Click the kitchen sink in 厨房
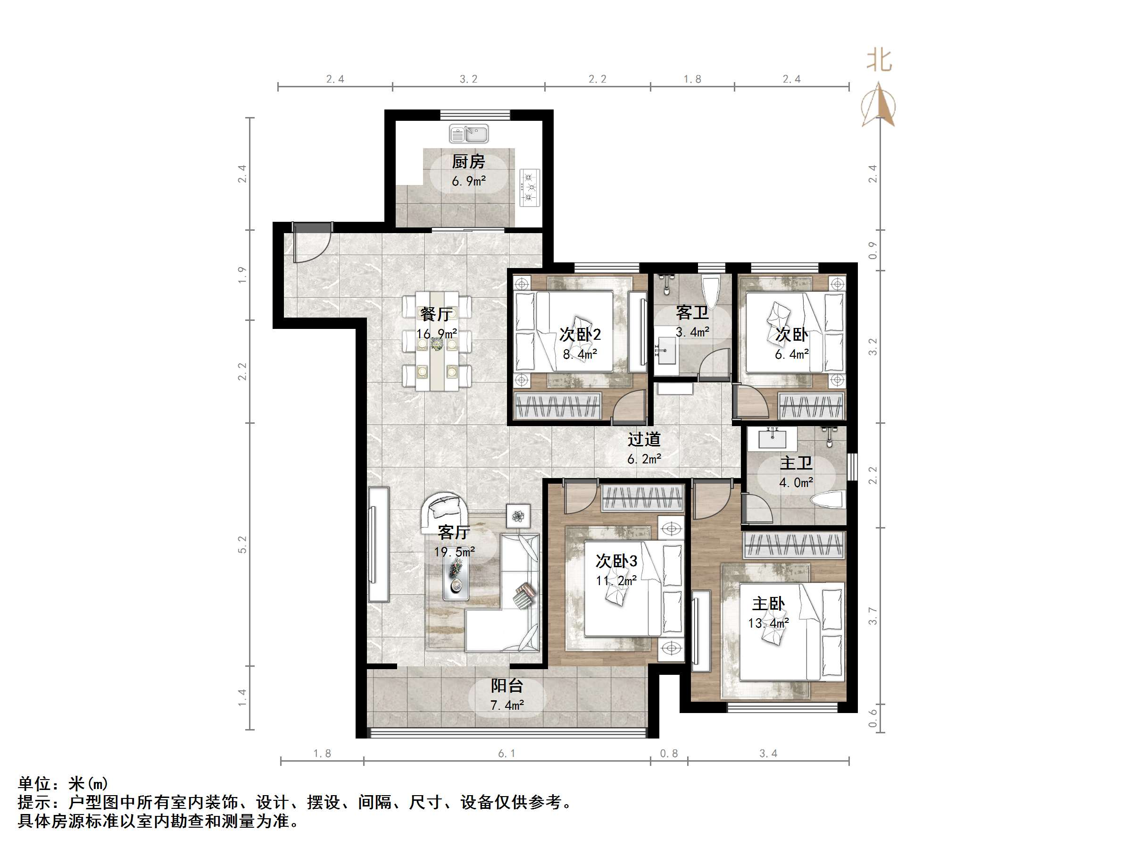coord(468,134)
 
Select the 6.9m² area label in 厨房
coord(468,181)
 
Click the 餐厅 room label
coord(436,314)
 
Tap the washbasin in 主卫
coord(772,438)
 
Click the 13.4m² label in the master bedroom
coord(768,623)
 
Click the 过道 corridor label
coord(644,439)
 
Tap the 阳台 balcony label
coord(507,686)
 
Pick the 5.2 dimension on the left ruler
coord(242,545)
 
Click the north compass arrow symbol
coord(879,105)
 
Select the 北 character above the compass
coord(879,60)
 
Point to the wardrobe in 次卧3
coord(643,497)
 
